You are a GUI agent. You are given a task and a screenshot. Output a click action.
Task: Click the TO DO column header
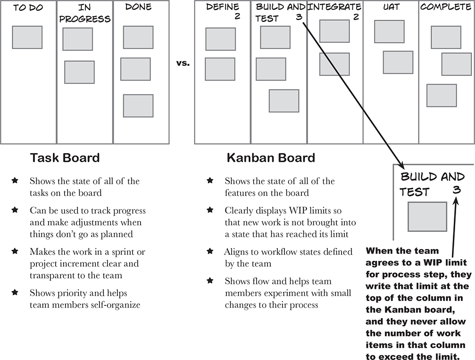click(28, 8)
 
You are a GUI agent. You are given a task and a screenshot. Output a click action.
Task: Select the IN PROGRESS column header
click(85, 13)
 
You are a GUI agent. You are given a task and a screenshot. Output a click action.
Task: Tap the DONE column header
click(139, 7)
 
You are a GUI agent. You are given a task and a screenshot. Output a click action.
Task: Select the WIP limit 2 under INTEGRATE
click(356, 17)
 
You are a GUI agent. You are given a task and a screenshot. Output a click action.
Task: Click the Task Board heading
click(65, 157)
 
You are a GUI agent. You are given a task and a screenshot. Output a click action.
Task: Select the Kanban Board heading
click(271, 157)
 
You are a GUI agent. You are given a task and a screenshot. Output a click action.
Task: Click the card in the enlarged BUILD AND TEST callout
click(427, 216)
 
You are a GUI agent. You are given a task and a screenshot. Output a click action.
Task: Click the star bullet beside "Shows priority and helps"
click(15, 293)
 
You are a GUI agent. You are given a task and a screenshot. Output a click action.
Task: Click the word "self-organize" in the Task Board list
click(118, 304)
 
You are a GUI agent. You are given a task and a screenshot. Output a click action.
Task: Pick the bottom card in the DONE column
click(138, 106)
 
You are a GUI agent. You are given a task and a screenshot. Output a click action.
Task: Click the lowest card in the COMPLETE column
click(441, 95)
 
